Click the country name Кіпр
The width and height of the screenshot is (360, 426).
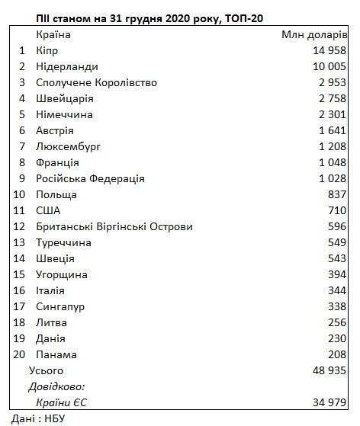[47, 50]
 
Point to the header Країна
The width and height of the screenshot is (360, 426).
[54, 34]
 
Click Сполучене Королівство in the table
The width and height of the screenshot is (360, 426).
[97, 82]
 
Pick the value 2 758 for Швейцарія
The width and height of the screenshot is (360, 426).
[329, 98]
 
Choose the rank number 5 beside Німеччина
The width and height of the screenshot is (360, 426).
[23, 114]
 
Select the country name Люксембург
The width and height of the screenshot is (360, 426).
[69, 146]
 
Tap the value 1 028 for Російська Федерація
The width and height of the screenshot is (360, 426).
[329, 178]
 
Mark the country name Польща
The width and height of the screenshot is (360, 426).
[56, 194]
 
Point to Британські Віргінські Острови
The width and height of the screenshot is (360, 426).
[114, 226]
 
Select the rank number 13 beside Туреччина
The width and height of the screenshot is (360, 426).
[21, 242]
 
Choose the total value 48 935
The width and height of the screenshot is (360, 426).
[326, 370]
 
